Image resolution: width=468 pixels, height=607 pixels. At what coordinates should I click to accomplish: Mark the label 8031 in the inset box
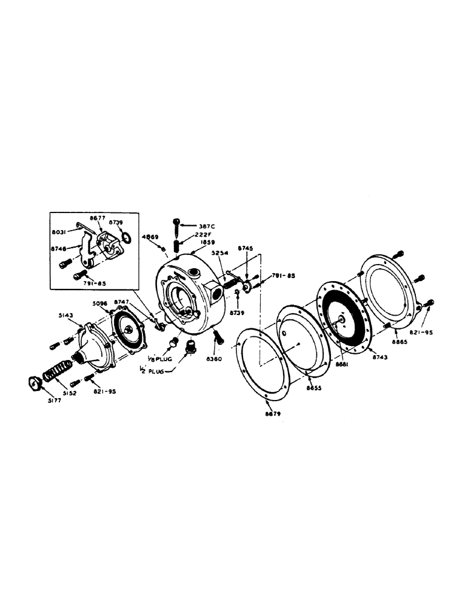click(x=59, y=231)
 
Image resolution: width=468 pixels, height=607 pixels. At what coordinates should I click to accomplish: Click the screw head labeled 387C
click(x=176, y=222)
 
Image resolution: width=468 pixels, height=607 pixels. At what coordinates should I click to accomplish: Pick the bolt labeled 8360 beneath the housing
click(x=218, y=336)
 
